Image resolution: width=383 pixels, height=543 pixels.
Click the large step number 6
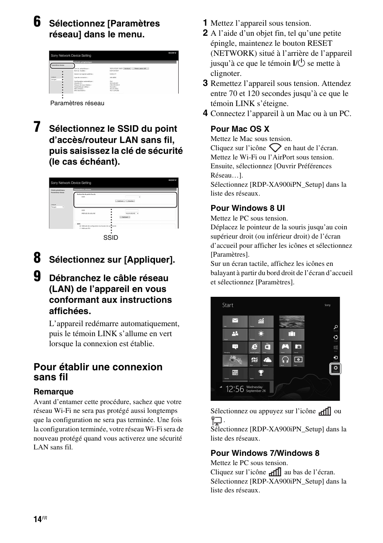(37, 22)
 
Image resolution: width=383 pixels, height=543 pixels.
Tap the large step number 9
(37, 277)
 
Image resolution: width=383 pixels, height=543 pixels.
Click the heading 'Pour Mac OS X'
(240, 129)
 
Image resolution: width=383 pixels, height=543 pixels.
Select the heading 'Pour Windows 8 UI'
(247, 208)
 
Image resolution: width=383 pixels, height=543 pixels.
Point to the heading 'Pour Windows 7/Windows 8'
(265, 453)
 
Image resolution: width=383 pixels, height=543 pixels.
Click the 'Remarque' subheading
(53, 392)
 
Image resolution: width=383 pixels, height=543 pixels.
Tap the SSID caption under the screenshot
(110, 238)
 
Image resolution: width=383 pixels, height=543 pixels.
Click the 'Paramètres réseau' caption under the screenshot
(77, 103)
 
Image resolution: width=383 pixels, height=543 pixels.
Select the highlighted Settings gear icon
(336, 368)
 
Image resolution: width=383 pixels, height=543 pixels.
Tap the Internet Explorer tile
(254, 347)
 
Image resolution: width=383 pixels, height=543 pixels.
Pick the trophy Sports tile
(261, 374)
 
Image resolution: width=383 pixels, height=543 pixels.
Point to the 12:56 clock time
(234, 389)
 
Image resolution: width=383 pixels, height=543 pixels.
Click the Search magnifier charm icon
(336, 328)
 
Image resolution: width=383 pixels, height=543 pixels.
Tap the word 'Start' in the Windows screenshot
(228, 305)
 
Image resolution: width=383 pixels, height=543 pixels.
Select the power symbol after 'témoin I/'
(301, 63)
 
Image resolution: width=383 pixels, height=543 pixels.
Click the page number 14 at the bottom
(37, 519)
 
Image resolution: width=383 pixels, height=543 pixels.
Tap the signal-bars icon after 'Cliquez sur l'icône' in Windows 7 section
(275, 472)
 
